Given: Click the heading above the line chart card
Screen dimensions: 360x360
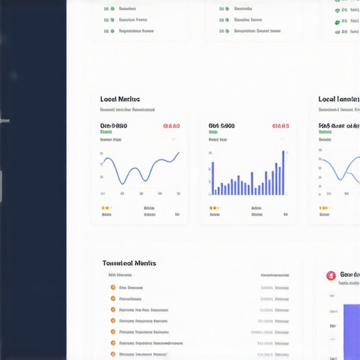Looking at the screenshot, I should pos(120,100).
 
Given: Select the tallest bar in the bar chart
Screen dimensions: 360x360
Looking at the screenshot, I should pos(283,173).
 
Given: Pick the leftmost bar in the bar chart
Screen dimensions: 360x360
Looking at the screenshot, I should pos(213,179).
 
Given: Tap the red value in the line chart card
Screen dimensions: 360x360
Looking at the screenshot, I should pos(172,127).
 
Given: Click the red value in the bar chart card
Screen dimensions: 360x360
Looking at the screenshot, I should pos(281,127).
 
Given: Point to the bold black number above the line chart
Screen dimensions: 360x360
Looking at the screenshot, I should pos(114,127).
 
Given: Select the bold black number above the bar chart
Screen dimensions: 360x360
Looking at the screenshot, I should pos(221,127).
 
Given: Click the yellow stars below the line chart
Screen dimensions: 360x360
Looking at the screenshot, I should pos(105,208).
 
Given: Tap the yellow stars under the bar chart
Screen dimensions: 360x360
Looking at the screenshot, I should pos(214,208).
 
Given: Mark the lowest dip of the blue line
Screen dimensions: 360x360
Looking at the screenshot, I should pos(122,184).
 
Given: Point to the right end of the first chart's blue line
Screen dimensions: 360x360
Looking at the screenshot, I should pos(179,153).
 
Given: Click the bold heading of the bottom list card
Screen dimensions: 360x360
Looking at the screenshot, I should pos(129,263).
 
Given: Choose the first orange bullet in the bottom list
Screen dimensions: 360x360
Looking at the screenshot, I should pos(112,288).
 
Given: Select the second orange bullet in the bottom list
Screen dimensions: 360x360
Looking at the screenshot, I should pos(112,298).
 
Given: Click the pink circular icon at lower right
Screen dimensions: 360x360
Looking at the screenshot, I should pos(330,276).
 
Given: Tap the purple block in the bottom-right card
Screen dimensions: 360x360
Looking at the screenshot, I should pos(352,330).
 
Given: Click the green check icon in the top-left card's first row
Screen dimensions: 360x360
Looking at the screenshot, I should pos(107,9).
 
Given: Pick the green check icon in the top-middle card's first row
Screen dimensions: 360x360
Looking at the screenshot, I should pos(222,9).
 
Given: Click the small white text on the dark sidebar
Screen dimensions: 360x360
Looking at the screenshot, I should pos(4,121).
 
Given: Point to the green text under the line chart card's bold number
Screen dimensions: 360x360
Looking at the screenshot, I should pos(106,132).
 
